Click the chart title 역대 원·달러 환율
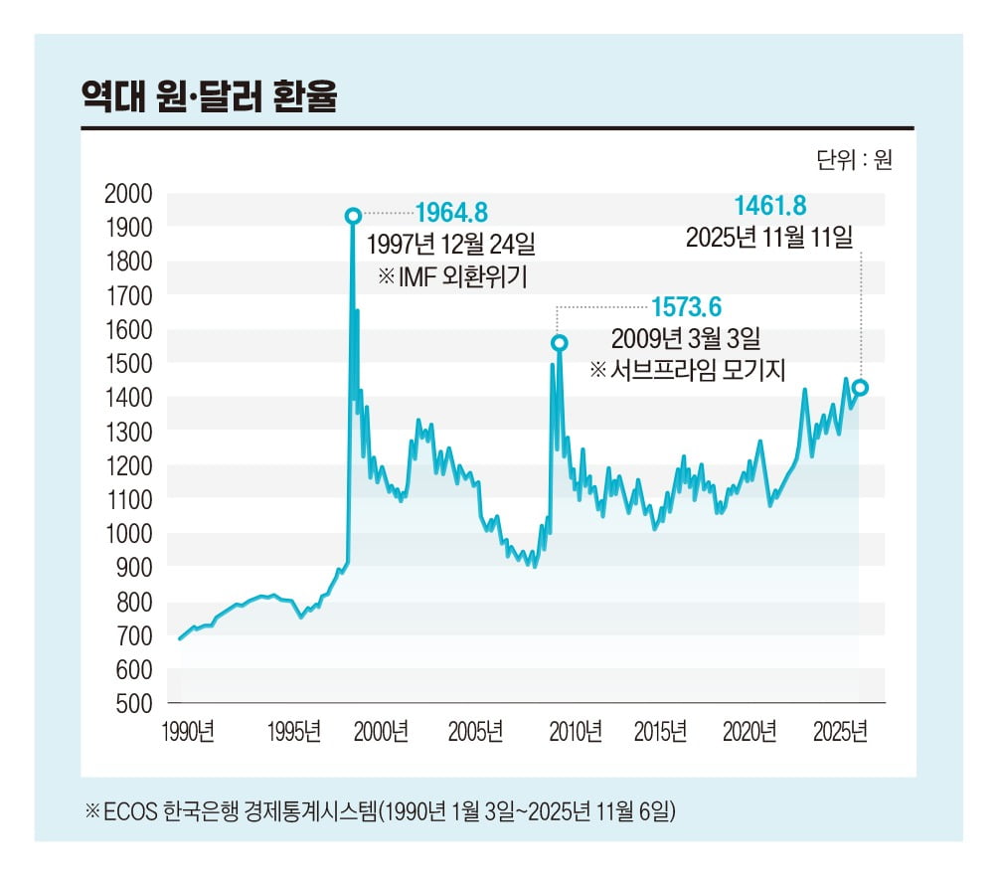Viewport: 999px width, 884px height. coord(210,96)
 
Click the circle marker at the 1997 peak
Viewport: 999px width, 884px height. coord(352,216)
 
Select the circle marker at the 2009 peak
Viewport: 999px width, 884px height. coord(559,343)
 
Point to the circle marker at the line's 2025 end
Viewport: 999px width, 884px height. coord(860,388)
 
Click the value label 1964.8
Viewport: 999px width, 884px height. coord(451,212)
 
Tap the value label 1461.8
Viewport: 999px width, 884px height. coord(769,206)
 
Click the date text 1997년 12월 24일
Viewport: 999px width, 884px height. coord(450,244)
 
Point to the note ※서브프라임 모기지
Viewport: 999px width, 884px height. coord(687,370)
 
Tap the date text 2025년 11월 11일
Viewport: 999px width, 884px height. coord(768,238)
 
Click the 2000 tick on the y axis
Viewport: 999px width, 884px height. coord(128,194)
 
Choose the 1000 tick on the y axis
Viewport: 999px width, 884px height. coord(128,534)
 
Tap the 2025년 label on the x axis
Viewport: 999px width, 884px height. coord(840,733)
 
